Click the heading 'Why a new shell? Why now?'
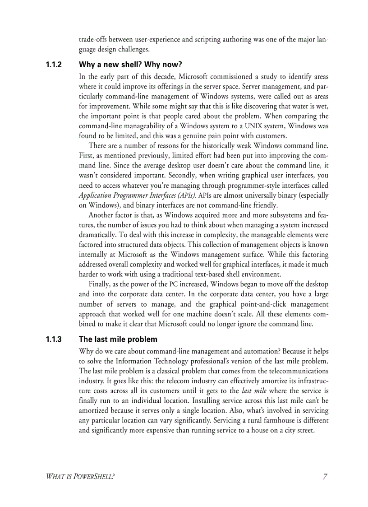click(x=130, y=65)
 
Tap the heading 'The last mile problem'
click(x=118, y=340)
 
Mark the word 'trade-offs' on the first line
click(x=93, y=40)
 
